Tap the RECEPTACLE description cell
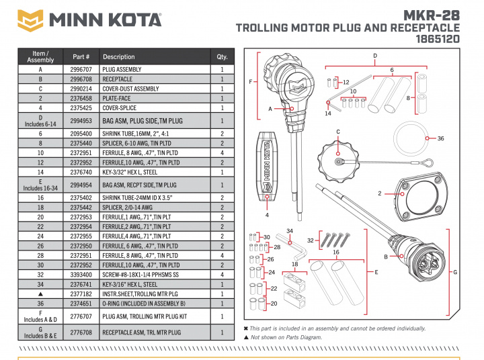[x=118, y=79]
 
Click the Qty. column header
[x=222, y=56]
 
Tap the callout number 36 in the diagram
[x=441, y=138]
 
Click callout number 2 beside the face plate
[x=380, y=193]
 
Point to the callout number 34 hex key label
[x=290, y=231]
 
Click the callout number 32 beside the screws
[x=311, y=240]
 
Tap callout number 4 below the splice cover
[x=268, y=215]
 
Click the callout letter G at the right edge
[x=455, y=273]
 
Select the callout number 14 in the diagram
[x=328, y=114]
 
